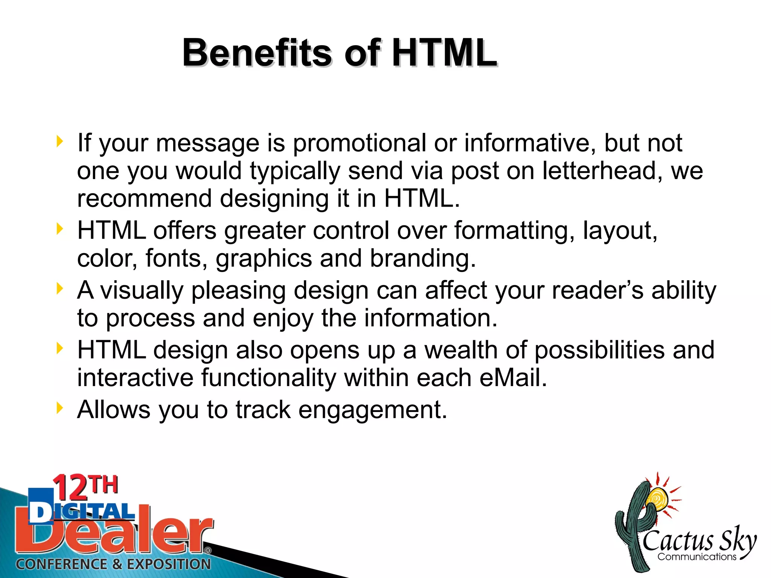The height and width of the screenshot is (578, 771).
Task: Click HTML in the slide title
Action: [444, 53]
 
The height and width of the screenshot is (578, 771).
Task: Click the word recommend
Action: [144, 198]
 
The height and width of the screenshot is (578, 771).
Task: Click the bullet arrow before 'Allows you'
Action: [59, 408]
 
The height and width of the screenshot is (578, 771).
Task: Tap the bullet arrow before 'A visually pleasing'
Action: [59, 289]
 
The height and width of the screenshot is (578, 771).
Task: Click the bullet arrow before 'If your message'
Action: [59, 141]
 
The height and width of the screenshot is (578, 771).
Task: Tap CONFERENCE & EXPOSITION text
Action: [113, 564]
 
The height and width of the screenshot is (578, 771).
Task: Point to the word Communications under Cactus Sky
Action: [696, 557]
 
